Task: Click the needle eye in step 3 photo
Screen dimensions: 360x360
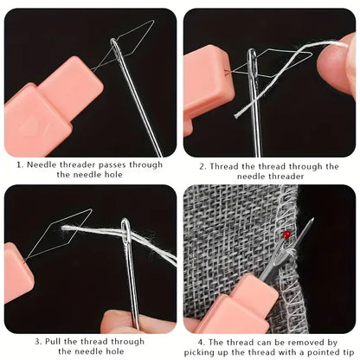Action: point(125,231)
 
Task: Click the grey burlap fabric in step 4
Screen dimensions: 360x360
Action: point(234,234)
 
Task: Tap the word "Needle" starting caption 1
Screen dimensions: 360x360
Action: point(44,164)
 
